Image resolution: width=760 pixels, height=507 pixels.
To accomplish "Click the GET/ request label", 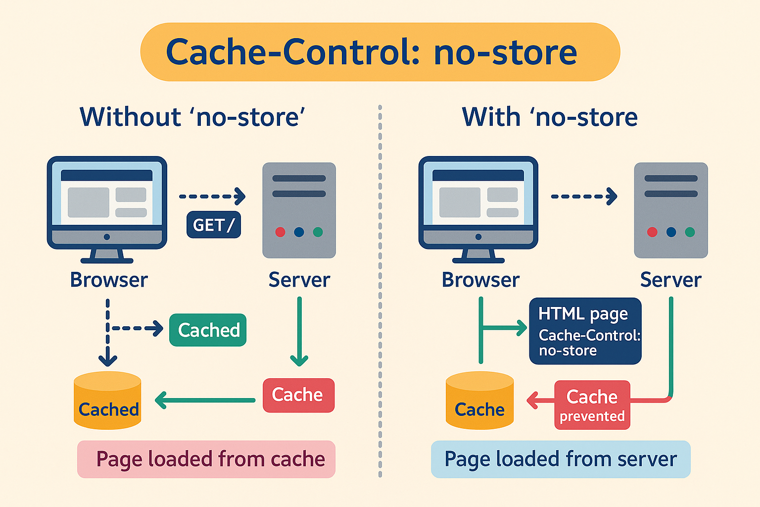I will pos(214,225).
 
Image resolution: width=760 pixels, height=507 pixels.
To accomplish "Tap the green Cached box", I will pos(208,330).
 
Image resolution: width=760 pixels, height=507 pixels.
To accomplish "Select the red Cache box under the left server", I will pos(298,395).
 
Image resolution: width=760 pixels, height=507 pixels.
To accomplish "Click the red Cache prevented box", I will pos(592,405).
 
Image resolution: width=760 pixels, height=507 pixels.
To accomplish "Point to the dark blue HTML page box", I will pos(585,331).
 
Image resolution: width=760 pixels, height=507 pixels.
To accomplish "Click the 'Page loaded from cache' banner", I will pos(206,459).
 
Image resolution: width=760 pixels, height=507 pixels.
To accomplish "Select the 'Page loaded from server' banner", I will pos(561,459).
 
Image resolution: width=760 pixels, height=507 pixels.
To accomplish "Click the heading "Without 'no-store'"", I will pos(192,117).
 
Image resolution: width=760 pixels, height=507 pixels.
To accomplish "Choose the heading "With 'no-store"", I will pos(549,117).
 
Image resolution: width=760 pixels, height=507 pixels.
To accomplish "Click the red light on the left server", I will pos(280,232).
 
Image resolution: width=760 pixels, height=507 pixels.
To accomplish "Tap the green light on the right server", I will pos(690,232).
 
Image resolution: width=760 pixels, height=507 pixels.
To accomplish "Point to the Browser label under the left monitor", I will pos(109,280).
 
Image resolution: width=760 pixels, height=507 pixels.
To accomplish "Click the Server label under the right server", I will pos(670,280).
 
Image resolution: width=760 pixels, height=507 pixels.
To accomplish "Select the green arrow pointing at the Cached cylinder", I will pos(205,400).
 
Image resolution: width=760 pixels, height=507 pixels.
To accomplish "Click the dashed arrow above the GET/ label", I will pos(212,196).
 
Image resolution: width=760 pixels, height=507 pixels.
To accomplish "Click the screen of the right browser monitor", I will pos(478,198).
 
